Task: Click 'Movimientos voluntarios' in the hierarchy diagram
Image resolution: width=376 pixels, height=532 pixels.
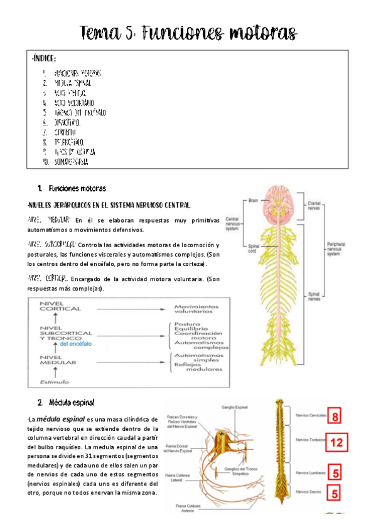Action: pos(197,309)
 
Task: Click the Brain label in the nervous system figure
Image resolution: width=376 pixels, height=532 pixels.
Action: pos(254,201)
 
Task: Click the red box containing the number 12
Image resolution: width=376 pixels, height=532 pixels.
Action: pos(336,442)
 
